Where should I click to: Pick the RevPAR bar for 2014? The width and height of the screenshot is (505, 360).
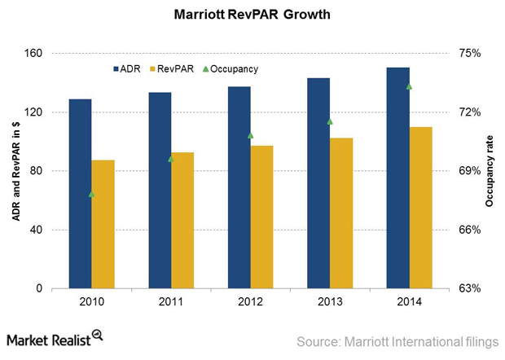(420, 208)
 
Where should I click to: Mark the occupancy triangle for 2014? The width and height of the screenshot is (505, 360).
(410, 86)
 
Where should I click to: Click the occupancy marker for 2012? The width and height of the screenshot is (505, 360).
(251, 134)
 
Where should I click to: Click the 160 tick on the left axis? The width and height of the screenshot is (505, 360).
(36, 54)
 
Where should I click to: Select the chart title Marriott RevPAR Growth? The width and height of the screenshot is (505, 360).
(253, 15)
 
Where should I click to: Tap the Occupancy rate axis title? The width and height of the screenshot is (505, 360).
(490, 171)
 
